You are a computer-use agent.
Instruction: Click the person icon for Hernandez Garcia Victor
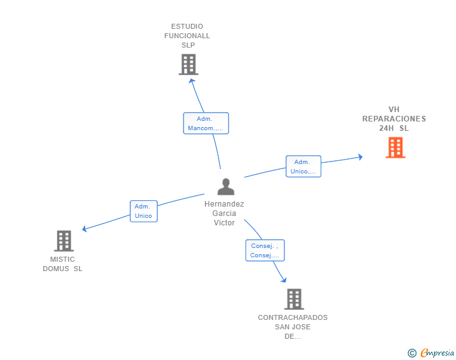point(225,187)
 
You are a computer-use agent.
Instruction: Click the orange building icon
point(395,147)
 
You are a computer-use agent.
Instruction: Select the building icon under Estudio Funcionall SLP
point(189,64)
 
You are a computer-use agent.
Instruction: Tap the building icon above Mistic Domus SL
point(64,241)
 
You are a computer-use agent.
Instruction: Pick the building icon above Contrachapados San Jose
point(294,299)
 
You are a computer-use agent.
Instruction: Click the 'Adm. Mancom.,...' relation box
point(206,123)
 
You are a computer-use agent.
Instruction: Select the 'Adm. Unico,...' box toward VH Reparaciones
point(303,167)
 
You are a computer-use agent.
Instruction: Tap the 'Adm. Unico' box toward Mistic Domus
point(143,211)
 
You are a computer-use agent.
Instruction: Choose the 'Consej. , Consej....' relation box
point(265,250)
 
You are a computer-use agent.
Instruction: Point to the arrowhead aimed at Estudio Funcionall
point(192,81)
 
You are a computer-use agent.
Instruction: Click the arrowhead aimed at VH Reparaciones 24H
point(361,157)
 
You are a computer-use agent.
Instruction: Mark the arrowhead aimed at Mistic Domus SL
point(85,229)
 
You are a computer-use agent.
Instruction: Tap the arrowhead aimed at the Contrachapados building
point(284,280)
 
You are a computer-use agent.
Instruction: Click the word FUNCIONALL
point(187,36)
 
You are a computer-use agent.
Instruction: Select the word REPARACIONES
point(394,118)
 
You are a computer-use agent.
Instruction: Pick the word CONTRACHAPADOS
point(293,317)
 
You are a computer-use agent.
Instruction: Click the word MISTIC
point(63,259)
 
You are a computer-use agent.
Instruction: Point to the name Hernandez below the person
point(224,204)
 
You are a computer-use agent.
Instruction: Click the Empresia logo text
point(437,352)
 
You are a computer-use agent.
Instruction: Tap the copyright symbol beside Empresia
point(412,353)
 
